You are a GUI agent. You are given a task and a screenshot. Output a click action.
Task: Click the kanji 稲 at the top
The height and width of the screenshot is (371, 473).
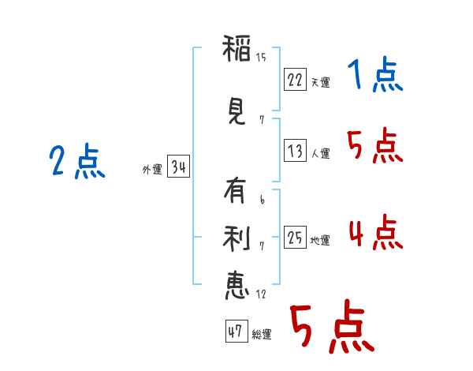tap(236, 48)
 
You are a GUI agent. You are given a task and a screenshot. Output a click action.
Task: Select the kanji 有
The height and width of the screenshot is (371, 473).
tap(235, 190)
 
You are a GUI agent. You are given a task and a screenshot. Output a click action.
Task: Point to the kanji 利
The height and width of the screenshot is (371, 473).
tap(236, 238)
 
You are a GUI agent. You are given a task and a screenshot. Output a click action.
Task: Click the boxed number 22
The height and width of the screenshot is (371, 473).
tap(295, 80)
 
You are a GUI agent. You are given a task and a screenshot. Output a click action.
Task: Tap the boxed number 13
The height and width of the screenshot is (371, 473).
tap(295, 150)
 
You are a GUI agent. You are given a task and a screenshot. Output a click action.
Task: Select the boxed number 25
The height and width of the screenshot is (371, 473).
tap(295, 237)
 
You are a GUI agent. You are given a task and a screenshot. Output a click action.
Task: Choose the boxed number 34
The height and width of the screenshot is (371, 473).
tap(178, 167)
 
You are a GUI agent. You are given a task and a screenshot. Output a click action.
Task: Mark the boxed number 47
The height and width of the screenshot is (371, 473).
tap(236, 331)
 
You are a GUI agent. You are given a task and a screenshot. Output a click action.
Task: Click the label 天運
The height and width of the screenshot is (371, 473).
tap(321, 82)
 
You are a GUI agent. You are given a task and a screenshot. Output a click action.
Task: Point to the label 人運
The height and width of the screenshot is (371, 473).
tap(321, 153)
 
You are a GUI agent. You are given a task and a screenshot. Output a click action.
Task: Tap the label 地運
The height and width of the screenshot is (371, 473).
tap(320, 240)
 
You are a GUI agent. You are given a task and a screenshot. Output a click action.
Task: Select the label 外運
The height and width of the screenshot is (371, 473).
tap(152, 170)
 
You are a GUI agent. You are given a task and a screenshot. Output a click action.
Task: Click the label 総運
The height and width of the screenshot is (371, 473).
tap(262, 334)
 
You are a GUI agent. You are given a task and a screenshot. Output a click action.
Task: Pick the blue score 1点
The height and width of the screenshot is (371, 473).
tap(374, 74)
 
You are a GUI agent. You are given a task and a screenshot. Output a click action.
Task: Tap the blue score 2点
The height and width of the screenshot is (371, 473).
tap(77, 161)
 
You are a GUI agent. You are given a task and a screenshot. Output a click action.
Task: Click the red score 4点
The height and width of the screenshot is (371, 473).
tap(376, 233)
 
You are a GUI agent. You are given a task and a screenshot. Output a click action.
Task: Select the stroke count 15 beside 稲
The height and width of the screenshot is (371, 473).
tap(261, 58)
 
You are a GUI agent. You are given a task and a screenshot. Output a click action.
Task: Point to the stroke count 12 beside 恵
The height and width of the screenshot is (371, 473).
tap(261, 294)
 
